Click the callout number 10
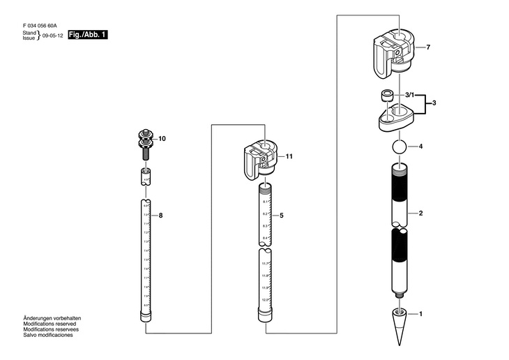tap(162, 139)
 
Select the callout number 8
tap(160, 216)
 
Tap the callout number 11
tap(289, 156)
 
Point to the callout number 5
tap(281, 216)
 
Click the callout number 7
tap(428, 47)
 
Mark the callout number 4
tap(421, 147)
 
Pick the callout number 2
tap(420, 212)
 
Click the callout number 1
tap(420, 315)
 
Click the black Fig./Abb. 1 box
tap(88, 34)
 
